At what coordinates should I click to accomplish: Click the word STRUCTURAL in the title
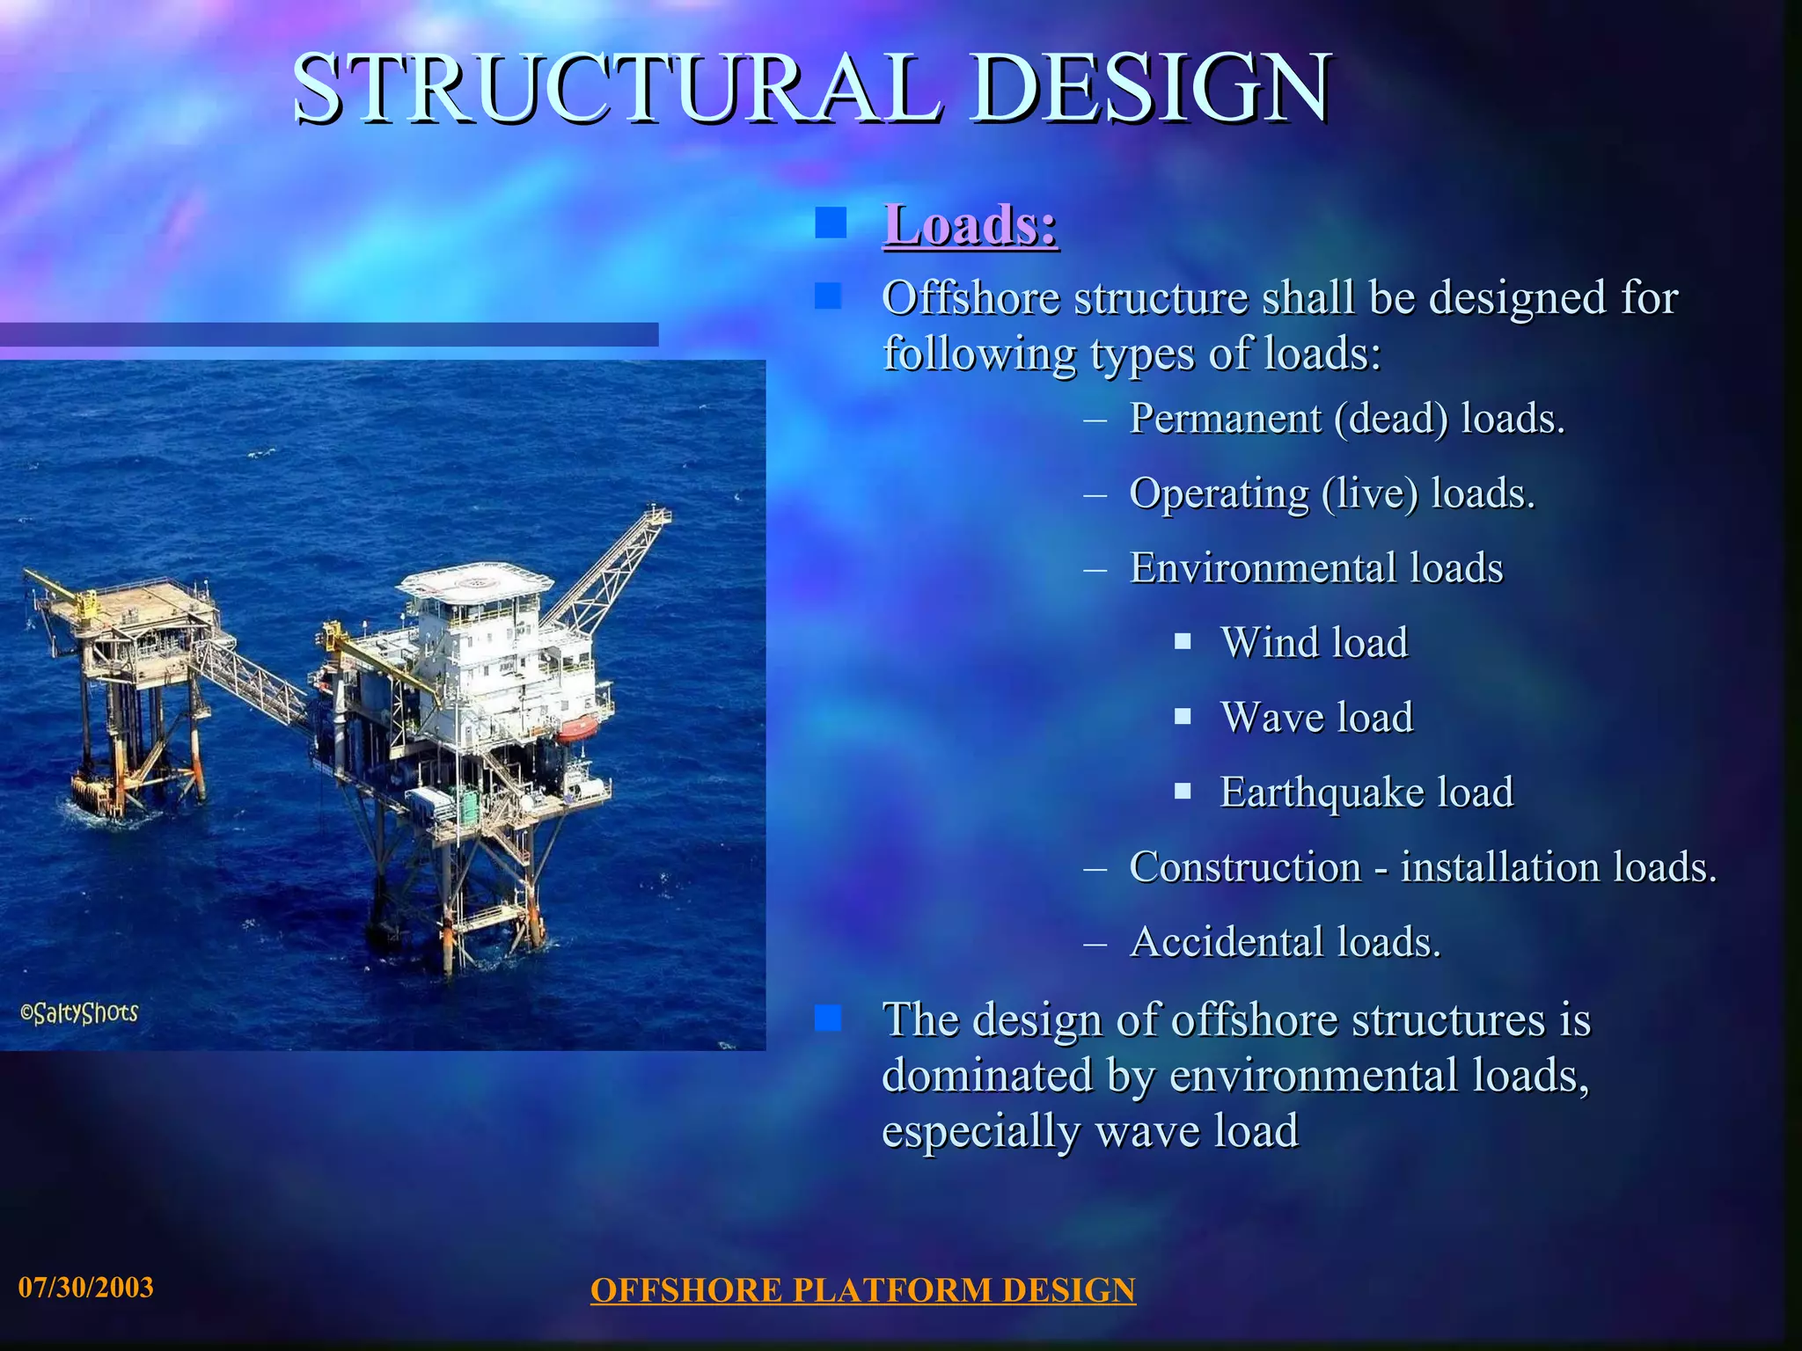click(616, 88)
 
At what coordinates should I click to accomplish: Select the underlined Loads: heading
click(970, 225)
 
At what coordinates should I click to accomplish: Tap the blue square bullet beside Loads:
click(830, 223)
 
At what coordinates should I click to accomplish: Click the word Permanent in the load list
click(1225, 418)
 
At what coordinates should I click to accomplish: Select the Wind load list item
click(1314, 642)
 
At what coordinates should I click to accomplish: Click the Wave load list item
click(1316, 717)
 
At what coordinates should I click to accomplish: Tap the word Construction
click(1245, 867)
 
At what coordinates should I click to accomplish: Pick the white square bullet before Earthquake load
click(1183, 791)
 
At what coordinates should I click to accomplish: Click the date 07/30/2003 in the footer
click(86, 1288)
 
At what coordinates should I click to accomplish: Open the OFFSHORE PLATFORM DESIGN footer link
click(862, 1290)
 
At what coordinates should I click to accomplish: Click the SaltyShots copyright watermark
click(79, 1013)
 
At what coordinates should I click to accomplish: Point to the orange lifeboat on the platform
click(576, 728)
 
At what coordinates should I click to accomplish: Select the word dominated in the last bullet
click(987, 1076)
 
